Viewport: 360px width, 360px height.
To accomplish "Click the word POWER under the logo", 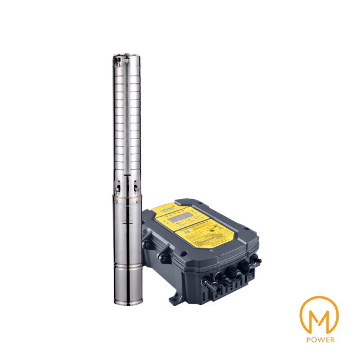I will (x=321, y=340).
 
